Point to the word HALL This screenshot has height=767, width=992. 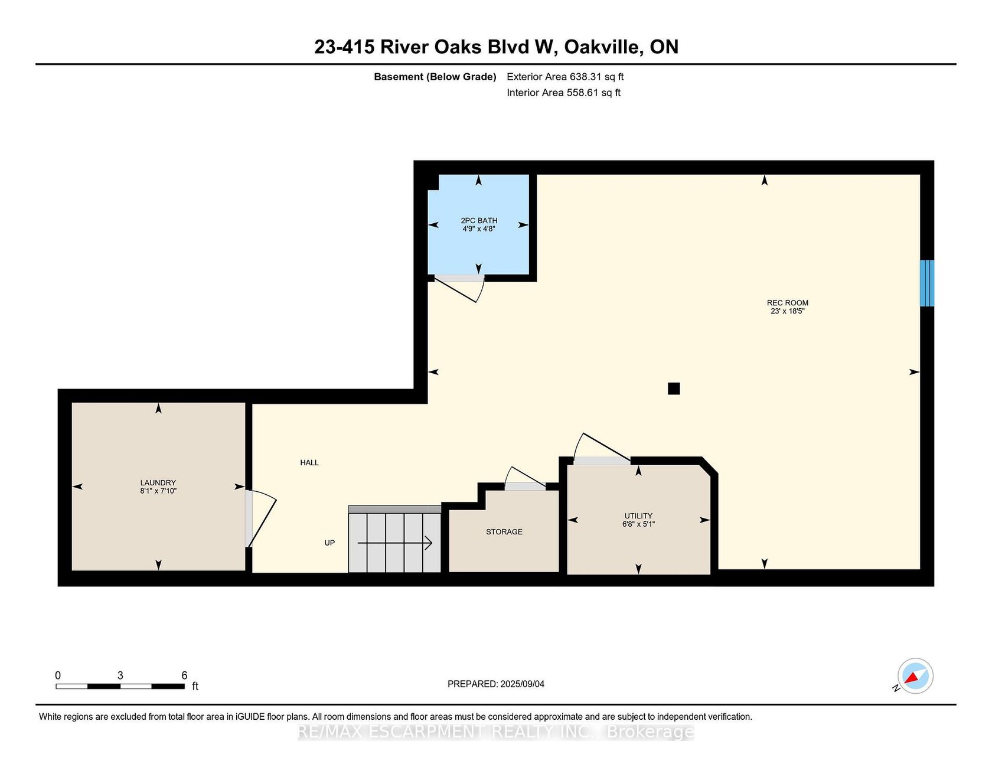coord(309,462)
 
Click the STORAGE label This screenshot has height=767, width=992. coord(504,531)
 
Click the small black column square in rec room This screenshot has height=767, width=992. coord(674,389)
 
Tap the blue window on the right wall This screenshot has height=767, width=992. coord(927,283)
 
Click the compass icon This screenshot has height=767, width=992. coord(915,676)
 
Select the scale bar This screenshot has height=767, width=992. coord(120,686)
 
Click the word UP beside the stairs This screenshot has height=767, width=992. coord(329,543)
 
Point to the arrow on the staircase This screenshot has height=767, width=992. coord(395,543)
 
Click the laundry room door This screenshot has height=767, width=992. coord(260,518)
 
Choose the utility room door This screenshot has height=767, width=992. coord(602,449)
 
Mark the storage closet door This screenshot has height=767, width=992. coord(525,478)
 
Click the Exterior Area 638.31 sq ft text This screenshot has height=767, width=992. coord(565,77)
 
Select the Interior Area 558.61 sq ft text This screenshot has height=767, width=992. coord(563,93)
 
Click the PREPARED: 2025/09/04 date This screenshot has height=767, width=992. coord(496,684)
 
